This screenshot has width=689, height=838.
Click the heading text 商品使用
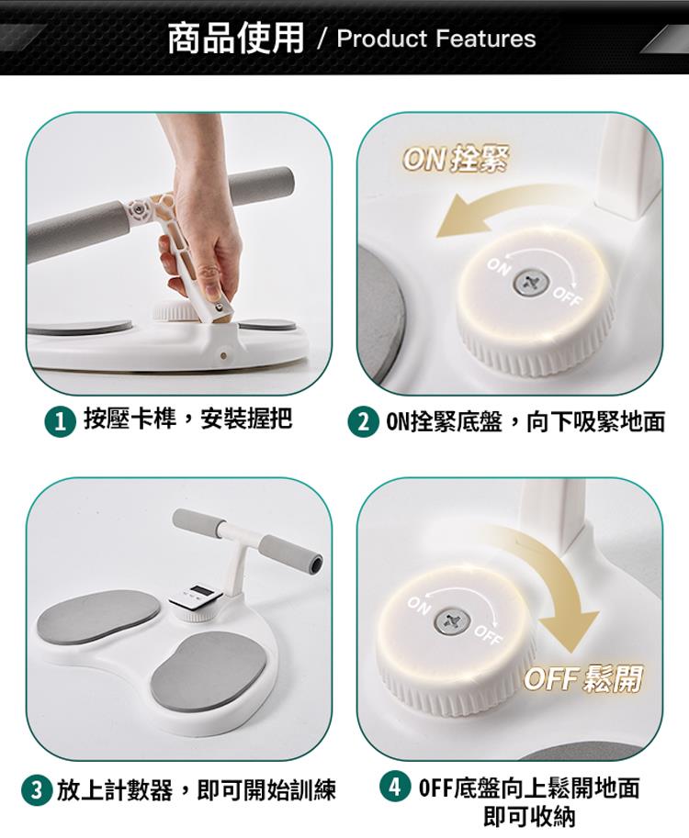point(235,38)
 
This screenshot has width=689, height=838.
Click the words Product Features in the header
point(436,39)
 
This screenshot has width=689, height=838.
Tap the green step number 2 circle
point(363,422)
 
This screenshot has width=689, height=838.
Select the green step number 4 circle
point(395,788)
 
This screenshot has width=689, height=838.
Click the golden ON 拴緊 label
point(455,160)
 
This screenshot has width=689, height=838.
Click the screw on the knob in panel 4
point(451,621)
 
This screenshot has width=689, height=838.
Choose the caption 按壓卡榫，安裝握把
point(188,418)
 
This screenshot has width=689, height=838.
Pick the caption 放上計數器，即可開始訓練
point(197,790)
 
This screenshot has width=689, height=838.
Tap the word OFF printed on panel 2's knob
point(567,297)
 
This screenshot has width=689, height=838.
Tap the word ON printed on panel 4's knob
point(418,606)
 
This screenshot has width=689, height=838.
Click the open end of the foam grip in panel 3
point(316,563)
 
